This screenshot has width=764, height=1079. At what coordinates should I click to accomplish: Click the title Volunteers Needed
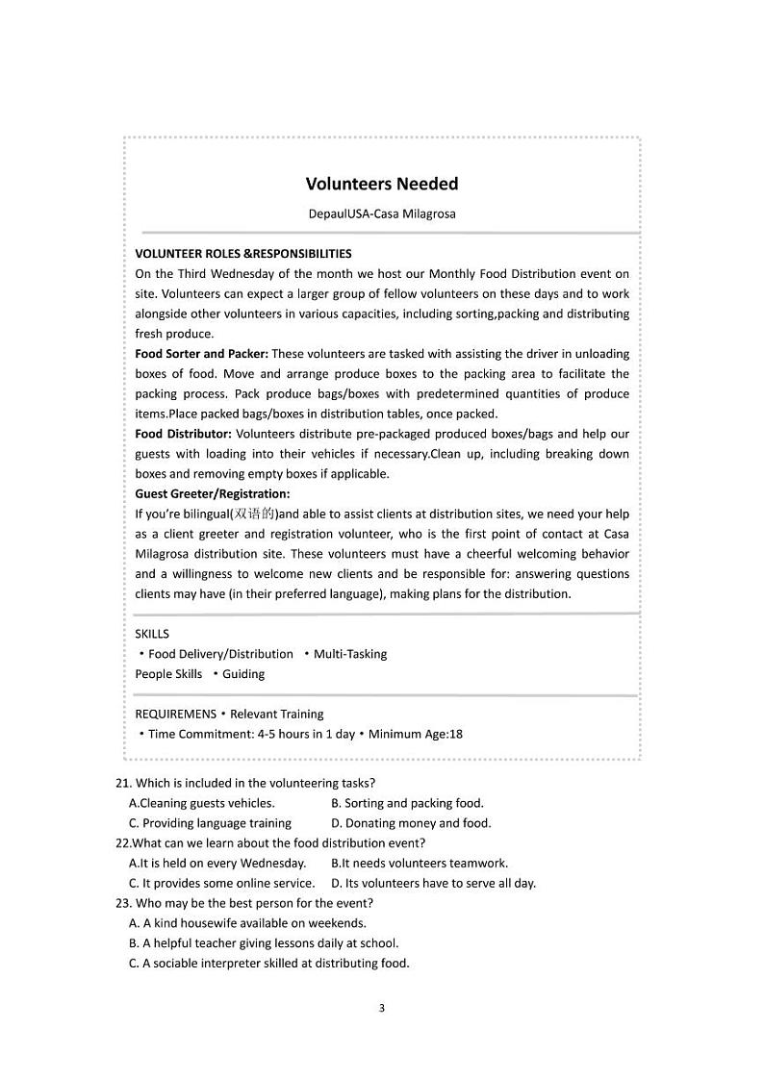[382, 184]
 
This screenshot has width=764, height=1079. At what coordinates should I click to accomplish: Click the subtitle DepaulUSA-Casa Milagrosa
[382, 213]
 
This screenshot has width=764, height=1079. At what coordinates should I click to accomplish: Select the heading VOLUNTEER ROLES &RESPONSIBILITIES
[243, 254]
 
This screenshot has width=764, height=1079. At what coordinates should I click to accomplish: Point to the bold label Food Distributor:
[183, 434]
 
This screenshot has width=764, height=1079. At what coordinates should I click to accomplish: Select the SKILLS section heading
[152, 634]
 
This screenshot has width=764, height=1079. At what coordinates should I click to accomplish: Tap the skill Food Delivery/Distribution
[220, 654]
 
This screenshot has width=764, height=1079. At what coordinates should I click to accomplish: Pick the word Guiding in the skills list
[243, 674]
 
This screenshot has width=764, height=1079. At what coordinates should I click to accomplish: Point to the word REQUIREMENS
[175, 714]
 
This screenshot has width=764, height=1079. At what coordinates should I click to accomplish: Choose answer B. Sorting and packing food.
[407, 803]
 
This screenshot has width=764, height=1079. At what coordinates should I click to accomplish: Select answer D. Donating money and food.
[411, 823]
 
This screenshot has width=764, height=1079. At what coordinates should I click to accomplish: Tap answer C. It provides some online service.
[221, 883]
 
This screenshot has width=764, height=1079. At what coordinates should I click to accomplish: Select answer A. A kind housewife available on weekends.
[247, 923]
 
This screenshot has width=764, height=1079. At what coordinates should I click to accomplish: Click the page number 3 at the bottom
[382, 1008]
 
